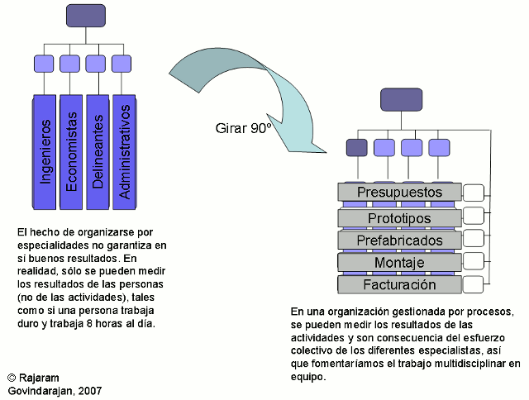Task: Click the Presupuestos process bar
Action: coord(399,193)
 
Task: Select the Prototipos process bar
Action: coord(399,217)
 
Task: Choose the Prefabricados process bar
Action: coord(399,240)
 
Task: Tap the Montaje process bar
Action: coord(399,263)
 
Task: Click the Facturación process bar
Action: coord(399,285)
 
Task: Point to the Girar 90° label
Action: coord(244,128)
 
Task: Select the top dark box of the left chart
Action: coord(86,16)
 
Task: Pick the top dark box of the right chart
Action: coord(401,99)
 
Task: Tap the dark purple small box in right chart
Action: coord(356,148)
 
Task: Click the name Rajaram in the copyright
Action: coord(41,376)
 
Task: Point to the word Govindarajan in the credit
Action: coord(40,389)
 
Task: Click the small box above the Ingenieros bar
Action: coord(45,63)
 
